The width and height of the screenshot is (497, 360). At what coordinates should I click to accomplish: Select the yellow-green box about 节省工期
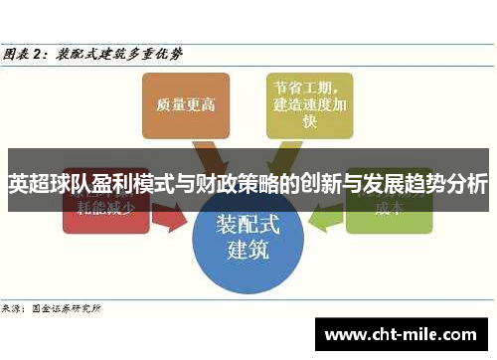[309, 103]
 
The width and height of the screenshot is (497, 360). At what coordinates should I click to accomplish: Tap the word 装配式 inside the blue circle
[248, 226]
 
